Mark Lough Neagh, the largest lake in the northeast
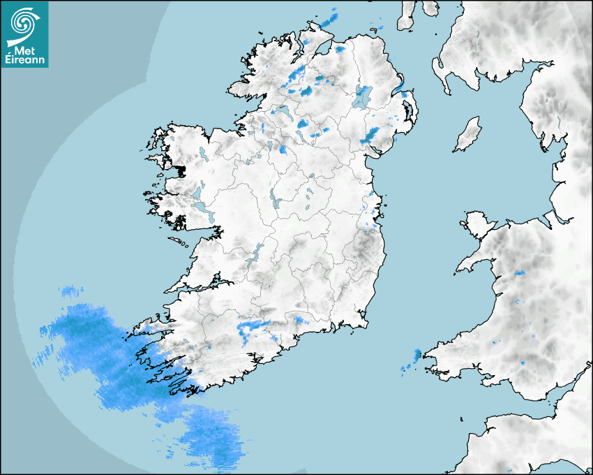(363, 96)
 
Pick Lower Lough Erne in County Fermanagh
(283, 112)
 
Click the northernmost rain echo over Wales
(519, 272)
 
